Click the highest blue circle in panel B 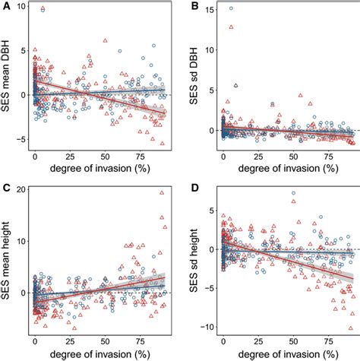231,8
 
